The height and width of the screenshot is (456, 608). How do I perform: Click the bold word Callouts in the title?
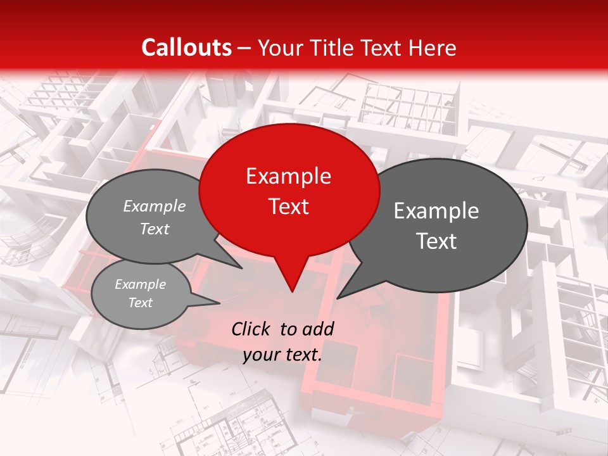[186, 47]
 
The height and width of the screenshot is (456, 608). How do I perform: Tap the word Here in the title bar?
[433, 47]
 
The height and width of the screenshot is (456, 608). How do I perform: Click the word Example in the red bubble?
[288, 176]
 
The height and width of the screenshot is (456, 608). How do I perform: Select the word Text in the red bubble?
[288, 206]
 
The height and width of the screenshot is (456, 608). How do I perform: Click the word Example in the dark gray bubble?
[436, 211]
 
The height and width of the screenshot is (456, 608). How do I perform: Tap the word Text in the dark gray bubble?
[436, 241]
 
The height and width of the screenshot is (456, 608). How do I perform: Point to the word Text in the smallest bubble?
[140, 303]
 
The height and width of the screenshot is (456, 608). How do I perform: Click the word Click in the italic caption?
[251, 329]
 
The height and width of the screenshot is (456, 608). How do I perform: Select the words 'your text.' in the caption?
[282, 355]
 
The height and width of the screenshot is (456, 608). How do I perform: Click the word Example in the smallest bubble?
[140, 284]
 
